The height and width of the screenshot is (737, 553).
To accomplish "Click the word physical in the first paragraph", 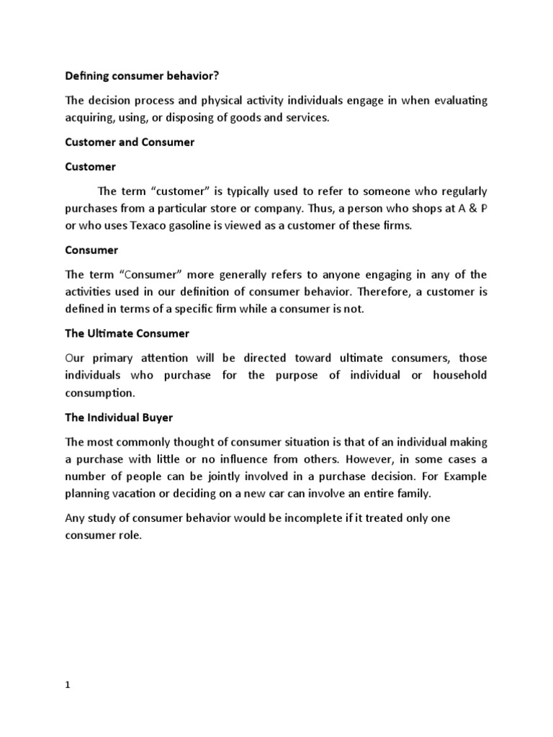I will [212, 100].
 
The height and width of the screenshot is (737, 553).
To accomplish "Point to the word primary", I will [115, 358].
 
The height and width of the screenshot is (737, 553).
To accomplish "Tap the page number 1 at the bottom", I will [68, 685].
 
